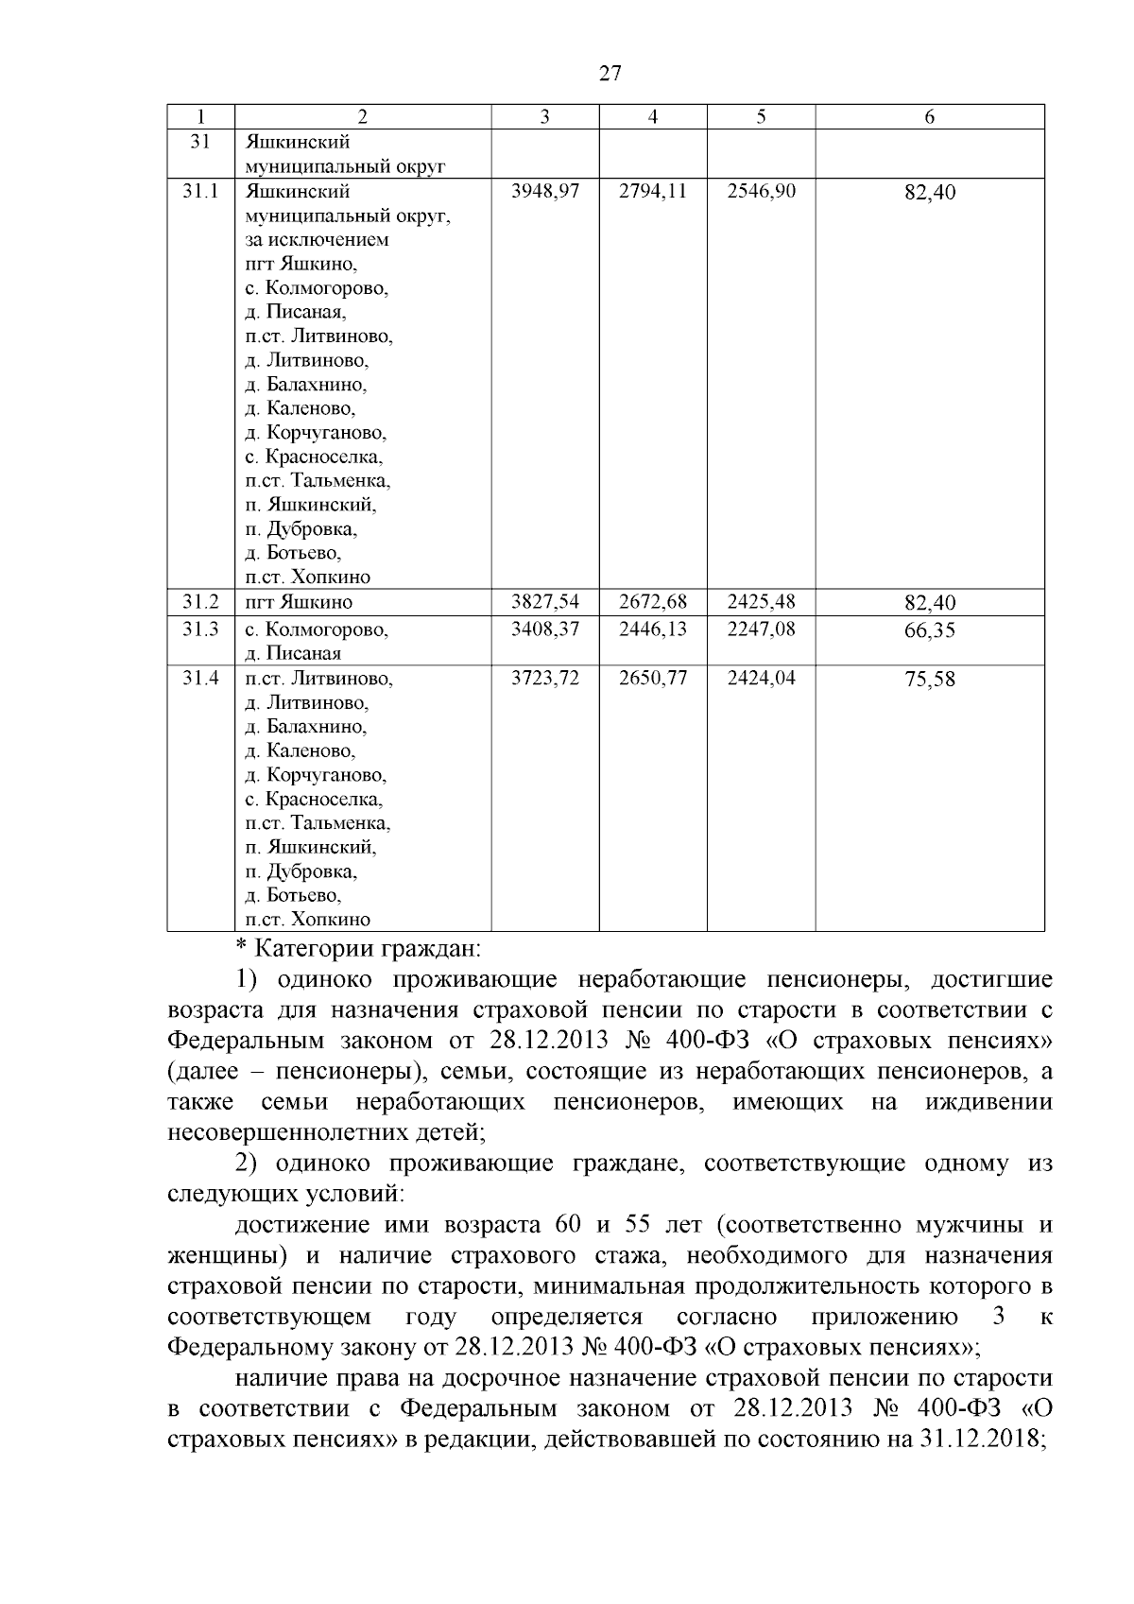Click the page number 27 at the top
(610, 73)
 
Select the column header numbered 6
(929, 116)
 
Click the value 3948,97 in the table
(544, 191)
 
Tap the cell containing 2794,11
(653, 191)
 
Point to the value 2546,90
(761, 191)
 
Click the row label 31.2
(200, 602)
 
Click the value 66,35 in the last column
(929, 630)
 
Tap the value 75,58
(929, 680)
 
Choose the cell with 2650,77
(653, 678)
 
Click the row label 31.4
(200, 678)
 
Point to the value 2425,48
(761, 602)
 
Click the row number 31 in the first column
(199, 142)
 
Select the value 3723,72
(544, 678)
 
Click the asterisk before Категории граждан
(240, 946)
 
